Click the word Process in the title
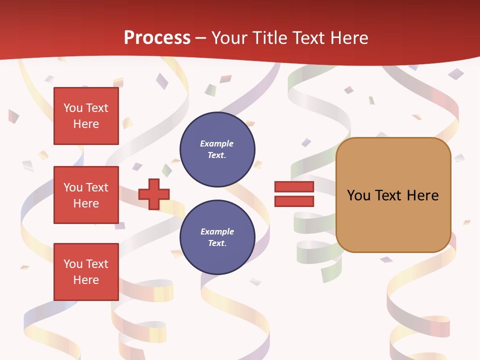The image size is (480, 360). point(157,38)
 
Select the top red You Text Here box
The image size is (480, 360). point(86,116)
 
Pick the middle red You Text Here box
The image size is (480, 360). point(86,195)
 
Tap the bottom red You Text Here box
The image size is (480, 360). point(86,271)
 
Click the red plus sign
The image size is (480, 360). point(154,194)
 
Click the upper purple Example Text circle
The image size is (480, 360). point(217,149)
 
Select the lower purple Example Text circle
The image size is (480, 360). point(217,237)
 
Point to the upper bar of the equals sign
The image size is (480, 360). point(294,187)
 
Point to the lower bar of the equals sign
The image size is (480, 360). point(294,201)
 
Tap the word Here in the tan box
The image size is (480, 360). point(422,195)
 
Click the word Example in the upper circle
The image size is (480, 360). point(217,143)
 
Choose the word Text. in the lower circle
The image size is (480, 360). point(217,243)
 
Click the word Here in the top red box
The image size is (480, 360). point(86,124)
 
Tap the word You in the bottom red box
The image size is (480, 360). point(73,263)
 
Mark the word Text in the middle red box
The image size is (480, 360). point(96,187)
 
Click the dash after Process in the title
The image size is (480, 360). point(200,38)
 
